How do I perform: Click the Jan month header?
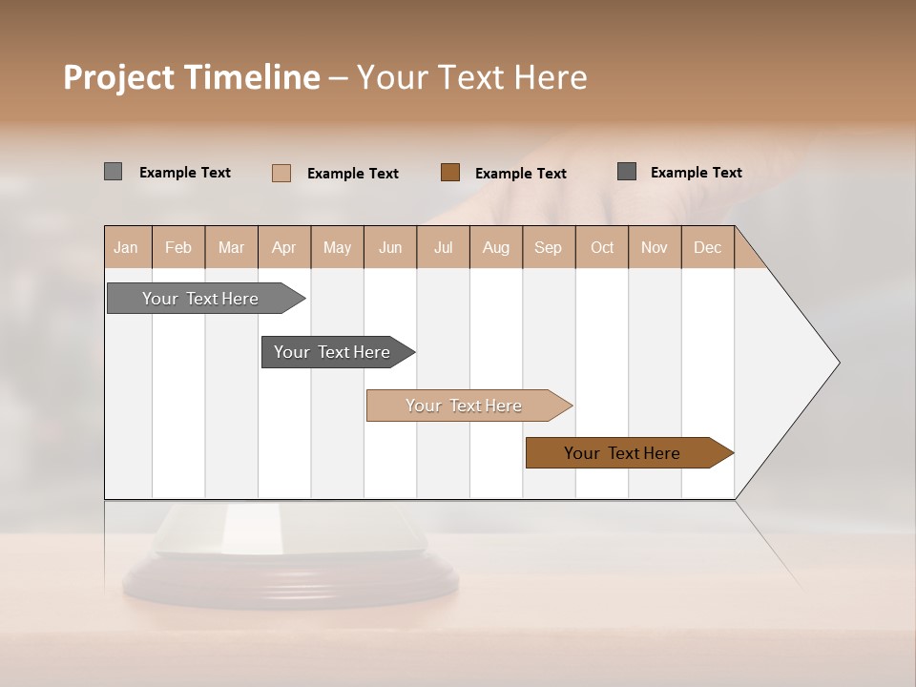point(126,247)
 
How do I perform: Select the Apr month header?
point(284,247)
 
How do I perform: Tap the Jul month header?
point(443,247)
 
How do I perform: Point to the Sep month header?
point(548,247)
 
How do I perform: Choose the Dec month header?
point(707,247)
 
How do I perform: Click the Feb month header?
point(178,247)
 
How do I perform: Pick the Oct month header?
point(602,247)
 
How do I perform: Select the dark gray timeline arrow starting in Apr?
point(333,352)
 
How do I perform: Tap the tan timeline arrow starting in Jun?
point(465,406)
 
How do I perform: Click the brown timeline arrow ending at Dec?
point(623,453)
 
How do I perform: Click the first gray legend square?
point(113,172)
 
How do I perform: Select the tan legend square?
point(281,173)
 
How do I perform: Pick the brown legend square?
point(450,173)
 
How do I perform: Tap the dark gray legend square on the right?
point(627,172)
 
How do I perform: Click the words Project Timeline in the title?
point(192,77)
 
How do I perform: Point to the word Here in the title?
point(551,77)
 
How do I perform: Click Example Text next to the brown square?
point(520,173)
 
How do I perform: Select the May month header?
point(337,247)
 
